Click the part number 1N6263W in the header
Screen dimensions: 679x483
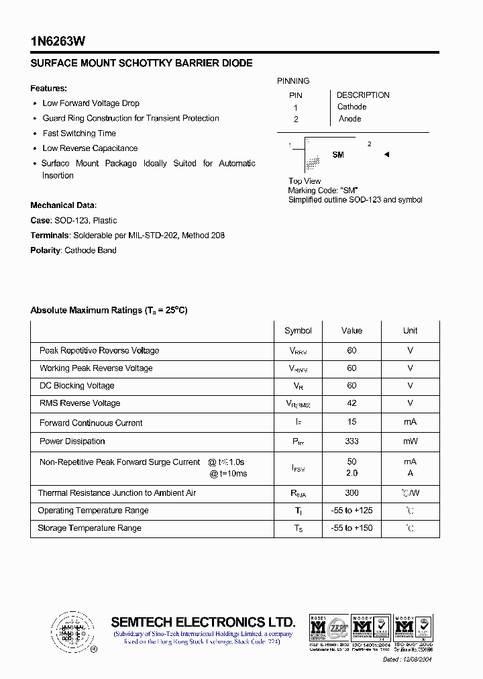click(x=58, y=41)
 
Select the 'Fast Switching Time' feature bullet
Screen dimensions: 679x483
click(x=79, y=134)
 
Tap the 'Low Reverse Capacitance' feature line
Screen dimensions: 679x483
click(x=90, y=148)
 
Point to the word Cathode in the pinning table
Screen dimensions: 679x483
click(x=352, y=107)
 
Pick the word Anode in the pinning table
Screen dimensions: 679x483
click(x=350, y=119)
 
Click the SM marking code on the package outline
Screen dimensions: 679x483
click(x=338, y=155)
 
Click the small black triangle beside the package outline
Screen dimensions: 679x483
click(x=386, y=155)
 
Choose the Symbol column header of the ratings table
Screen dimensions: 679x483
click(x=298, y=331)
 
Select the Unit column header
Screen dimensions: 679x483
click(x=410, y=331)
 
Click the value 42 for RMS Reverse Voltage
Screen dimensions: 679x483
click(x=352, y=403)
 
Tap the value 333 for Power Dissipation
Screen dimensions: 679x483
click(x=352, y=441)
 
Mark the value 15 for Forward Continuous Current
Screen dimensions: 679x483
click(x=352, y=421)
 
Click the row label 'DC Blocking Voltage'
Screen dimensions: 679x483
click(x=76, y=386)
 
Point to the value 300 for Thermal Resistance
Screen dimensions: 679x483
click(x=352, y=493)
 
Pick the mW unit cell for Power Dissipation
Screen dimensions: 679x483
click(x=410, y=441)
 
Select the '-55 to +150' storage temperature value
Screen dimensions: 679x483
click(x=352, y=528)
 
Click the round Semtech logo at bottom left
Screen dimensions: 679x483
click(x=72, y=632)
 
